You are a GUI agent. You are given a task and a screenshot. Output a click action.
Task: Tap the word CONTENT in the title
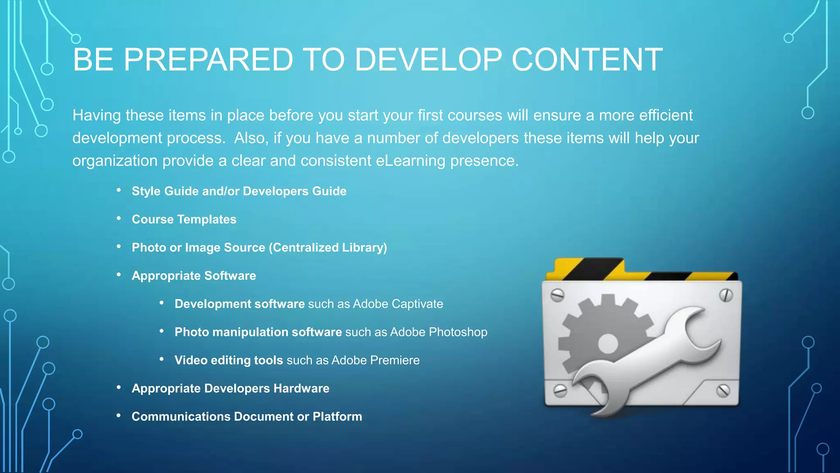point(587,60)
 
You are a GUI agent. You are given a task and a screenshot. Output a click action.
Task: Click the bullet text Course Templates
point(184,219)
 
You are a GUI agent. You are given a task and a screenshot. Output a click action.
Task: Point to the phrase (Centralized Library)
point(328,248)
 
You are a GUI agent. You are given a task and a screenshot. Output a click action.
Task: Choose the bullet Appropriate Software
point(194,276)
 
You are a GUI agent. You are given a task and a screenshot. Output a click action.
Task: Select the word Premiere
point(395,360)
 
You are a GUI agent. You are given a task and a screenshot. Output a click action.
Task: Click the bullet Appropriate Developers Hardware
point(230,388)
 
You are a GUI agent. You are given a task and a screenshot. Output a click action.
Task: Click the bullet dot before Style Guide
point(119,190)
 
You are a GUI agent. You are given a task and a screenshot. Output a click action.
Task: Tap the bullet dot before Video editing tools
point(162,359)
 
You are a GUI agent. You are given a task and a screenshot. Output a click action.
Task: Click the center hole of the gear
point(607,343)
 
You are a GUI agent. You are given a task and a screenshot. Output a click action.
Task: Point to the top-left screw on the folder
point(557,295)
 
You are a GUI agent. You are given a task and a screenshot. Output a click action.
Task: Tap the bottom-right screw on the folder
point(723,390)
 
